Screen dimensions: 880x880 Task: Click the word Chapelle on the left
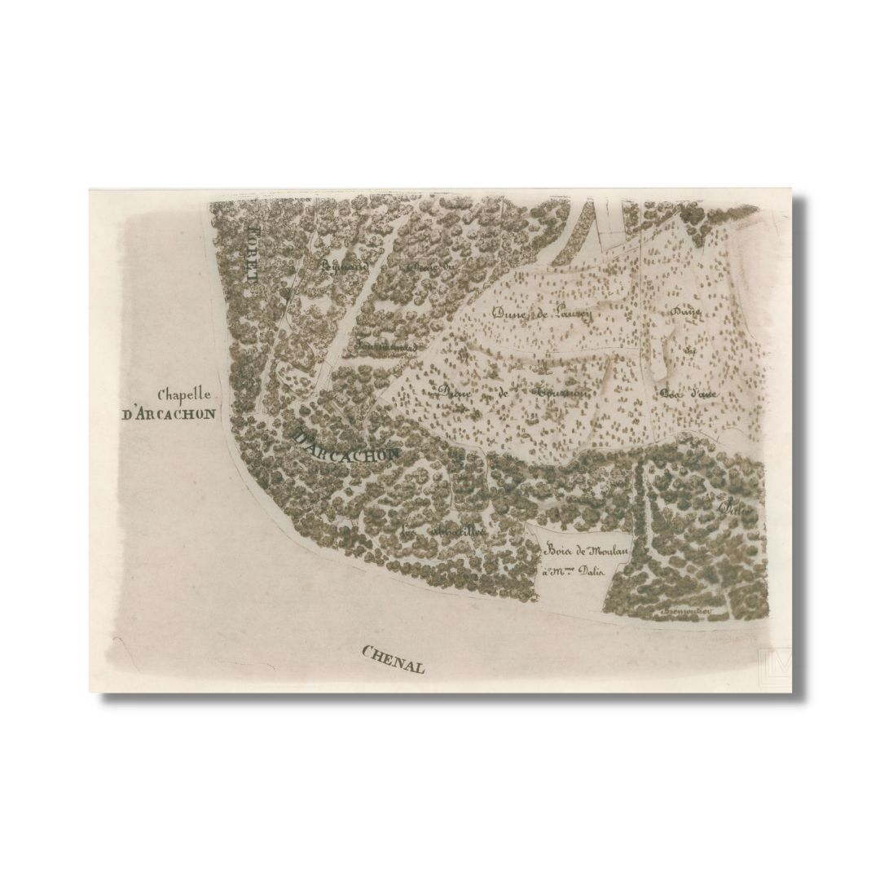185,395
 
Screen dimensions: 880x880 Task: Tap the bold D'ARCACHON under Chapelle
169,414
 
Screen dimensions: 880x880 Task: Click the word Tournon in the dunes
561,392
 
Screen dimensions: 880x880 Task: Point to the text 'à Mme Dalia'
575,572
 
